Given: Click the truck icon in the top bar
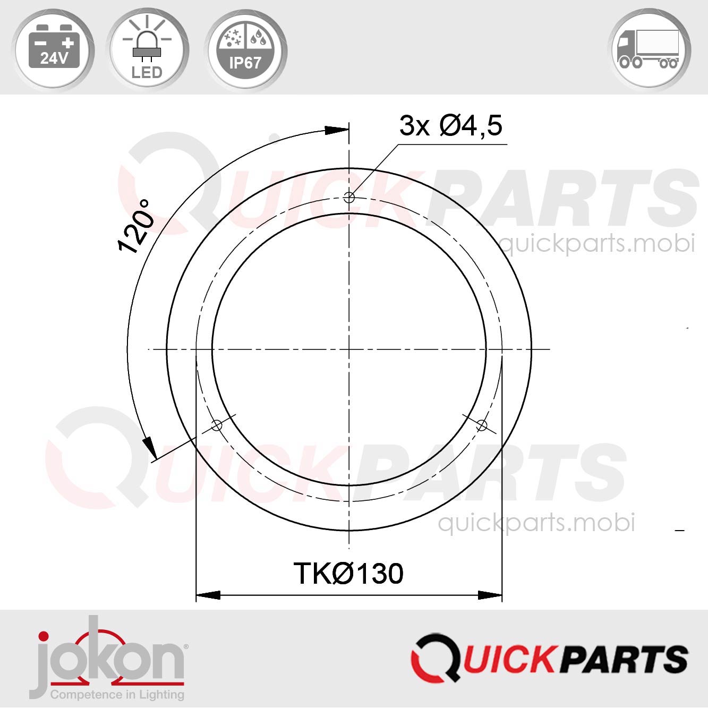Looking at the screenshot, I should click(649, 50).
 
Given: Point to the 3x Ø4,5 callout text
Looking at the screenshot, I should click(450, 126).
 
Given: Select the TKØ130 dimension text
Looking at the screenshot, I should click(348, 574).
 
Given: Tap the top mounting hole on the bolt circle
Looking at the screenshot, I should click(349, 198).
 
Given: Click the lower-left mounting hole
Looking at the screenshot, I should click(217, 425).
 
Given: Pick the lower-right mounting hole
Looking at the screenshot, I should click(481, 425).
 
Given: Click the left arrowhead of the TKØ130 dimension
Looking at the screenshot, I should click(208, 595).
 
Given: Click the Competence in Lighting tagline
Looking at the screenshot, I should click(117, 694).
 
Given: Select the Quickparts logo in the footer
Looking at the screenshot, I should click(550, 657).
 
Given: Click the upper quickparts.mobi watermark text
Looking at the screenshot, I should click(598, 244).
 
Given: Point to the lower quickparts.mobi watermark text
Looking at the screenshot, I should click(536, 523).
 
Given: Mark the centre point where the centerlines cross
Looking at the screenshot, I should click(349, 349).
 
